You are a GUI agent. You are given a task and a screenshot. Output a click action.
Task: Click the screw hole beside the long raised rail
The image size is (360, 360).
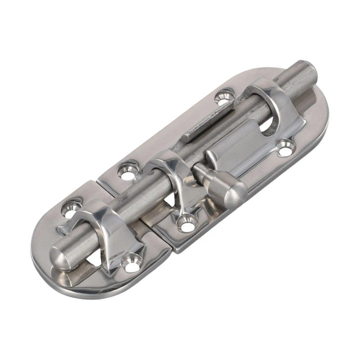(x=224, y=97)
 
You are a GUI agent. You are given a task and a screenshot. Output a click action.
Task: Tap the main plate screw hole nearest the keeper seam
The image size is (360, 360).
(x=128, y=172)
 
